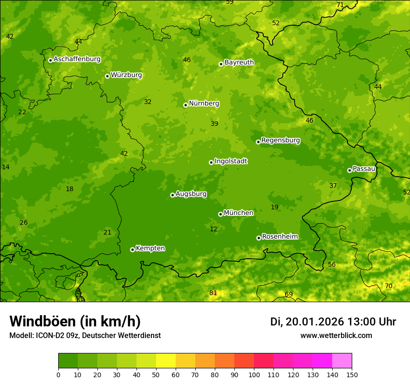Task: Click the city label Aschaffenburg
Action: tap(77, 59)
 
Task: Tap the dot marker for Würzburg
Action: tap(107, 76)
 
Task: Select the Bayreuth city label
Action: tap(239, 62)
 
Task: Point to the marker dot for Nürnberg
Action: tap(185, 105)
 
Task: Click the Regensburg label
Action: tap(280, 140)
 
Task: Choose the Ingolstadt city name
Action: tap(231, 161)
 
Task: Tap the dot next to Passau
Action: tap(349, 170)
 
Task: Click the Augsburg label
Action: tap(191, 194)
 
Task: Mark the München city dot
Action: tap(220, 214)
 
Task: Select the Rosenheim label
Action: tap(280, 237)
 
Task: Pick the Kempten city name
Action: tap(150, 249)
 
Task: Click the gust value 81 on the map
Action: tap(213, 293)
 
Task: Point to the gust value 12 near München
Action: tap(213, 229)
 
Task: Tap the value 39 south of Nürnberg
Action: tap(214, 124)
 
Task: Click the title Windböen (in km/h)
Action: tap(75, 321)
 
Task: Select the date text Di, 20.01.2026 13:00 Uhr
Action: tap(333, 322)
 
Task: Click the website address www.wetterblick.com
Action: tap(336, 336)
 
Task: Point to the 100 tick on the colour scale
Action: tap(254, 375)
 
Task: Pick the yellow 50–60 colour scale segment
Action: tap(166, 360)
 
